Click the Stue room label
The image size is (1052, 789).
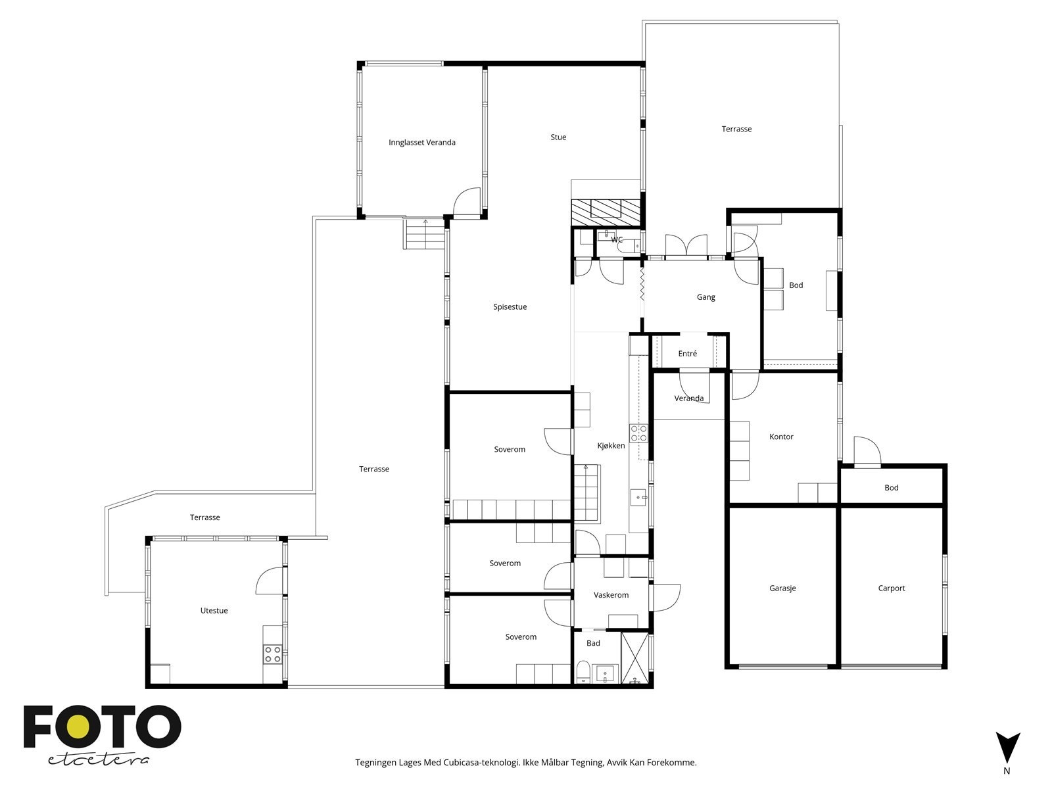[558, 137]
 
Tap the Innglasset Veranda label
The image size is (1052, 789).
[421, 143]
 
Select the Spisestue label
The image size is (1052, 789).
[510, 307]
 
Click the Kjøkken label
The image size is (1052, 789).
[611, 446]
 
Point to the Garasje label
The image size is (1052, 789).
[782, 588]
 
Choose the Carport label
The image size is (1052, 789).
[892, 588]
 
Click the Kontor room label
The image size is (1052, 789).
[781, 437]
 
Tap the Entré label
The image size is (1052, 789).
[687, 354]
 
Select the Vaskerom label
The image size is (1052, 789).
[611, 595]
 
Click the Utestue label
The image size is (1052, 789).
[214, 611]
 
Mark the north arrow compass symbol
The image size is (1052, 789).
[1007, 749]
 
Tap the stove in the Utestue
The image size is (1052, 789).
[273, 654]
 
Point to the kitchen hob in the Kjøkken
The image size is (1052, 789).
[638, 433]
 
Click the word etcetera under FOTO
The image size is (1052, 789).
[99, 759]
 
